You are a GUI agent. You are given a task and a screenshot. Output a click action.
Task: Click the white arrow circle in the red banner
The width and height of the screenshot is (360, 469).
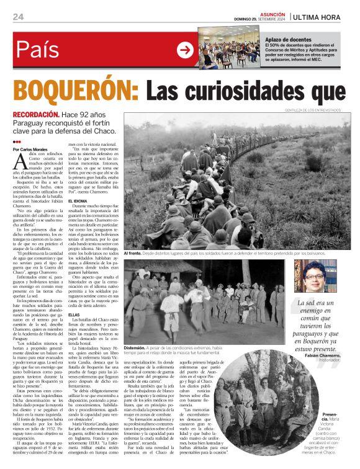[185, 50]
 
